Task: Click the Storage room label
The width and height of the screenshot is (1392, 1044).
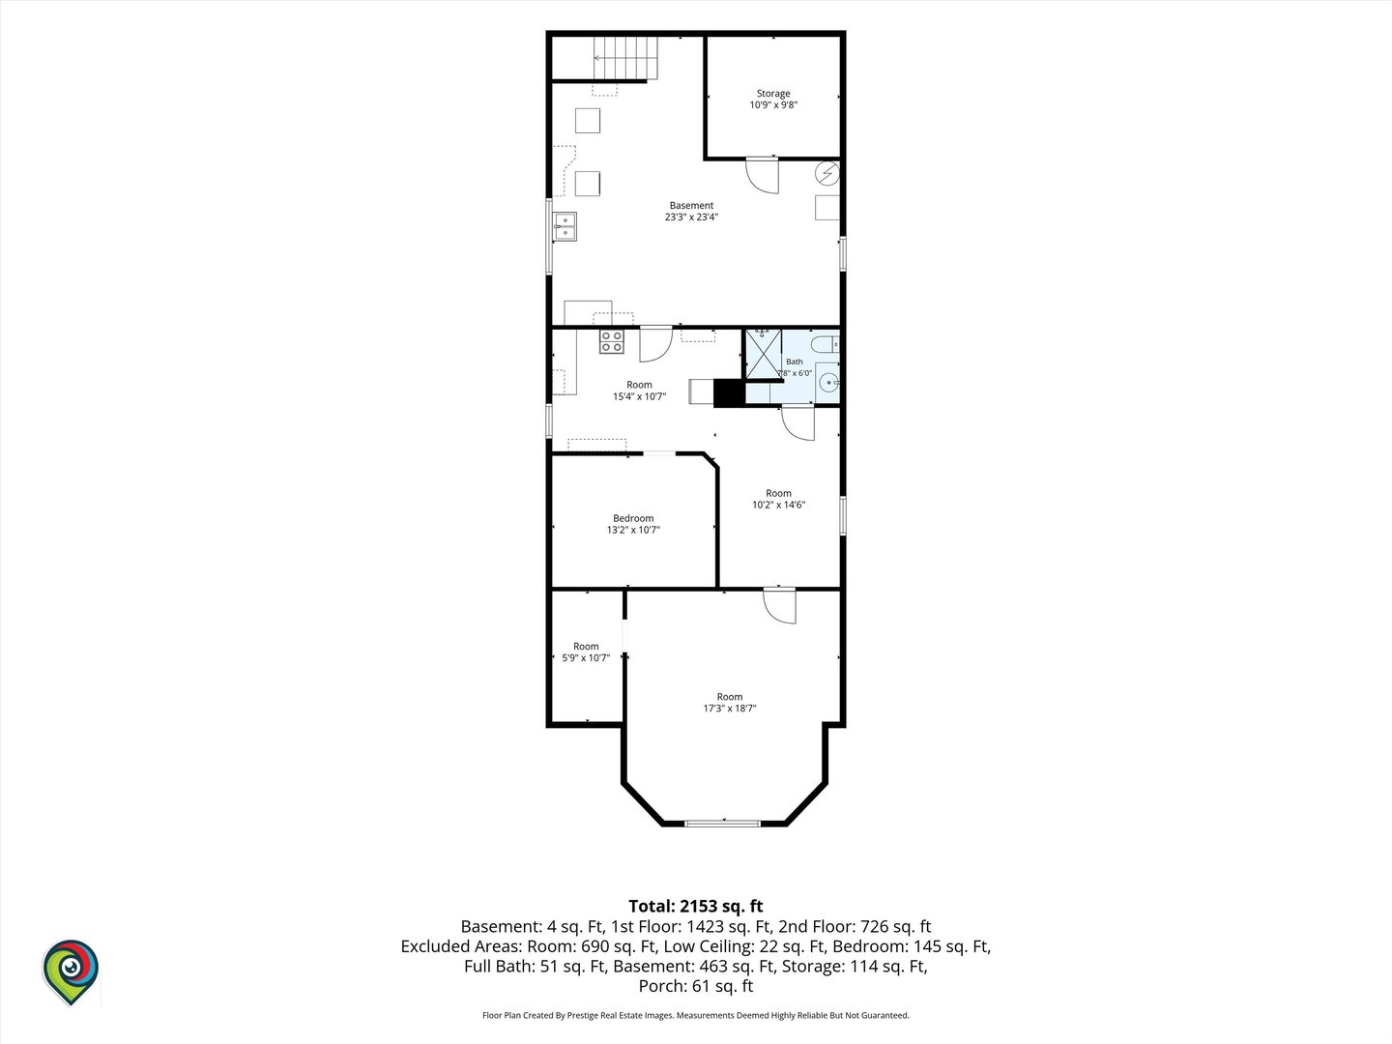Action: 773,99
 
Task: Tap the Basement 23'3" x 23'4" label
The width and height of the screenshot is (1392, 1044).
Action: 691,211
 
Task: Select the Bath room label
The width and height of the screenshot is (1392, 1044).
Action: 795,367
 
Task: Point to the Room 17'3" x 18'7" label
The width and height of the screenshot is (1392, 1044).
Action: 729,703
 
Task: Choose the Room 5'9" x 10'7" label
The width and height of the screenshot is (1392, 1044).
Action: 586,652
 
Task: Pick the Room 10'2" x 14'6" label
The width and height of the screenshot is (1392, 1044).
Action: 778,499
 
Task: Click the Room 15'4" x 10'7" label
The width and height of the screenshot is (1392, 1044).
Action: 639,391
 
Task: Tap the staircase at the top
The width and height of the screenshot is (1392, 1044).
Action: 625,58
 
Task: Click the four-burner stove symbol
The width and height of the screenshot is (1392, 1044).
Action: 612,342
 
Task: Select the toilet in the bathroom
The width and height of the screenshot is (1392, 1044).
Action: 826,345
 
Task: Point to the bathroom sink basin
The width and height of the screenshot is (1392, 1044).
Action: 828,383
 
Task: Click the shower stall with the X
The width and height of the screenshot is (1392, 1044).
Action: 764,355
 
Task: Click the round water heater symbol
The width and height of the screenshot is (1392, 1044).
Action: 827,173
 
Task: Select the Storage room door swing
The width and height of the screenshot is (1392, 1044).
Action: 763,175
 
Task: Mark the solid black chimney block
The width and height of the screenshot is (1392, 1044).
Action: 729,393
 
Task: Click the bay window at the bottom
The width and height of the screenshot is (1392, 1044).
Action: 722,824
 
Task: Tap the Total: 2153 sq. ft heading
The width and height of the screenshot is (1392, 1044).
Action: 696,906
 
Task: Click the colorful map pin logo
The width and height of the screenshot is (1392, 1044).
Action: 71,971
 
